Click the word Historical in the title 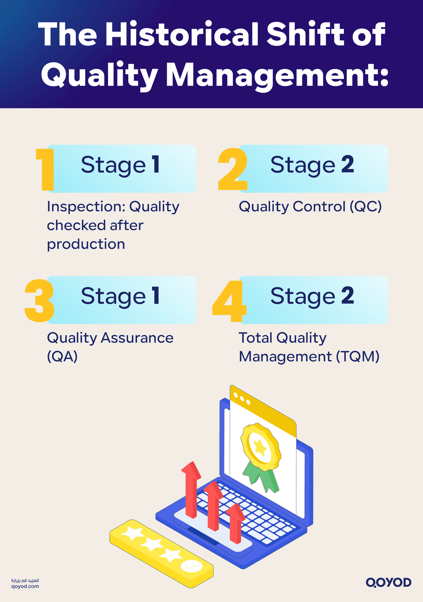pyautogui.click(x=184, y=35)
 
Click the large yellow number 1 pyautogui.click(x=45, y=170)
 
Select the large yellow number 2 pyautogui.click(x=232, y=170)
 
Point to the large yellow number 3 pyautogui.click(x=39, y=301)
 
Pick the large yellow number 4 pyautogui.click(x=229, y=301)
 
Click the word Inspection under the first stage pyautogui.click(x=81, y=207)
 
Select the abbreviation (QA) pyautogui.click(x=62, y=357)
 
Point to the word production pyautogui.click(x=86, y=245)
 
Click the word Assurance pyautogui.click(x=137, y=338)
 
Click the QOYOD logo pyautogui.click(x=388, y=583)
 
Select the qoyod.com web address pyautogui.click(x=25, y=586)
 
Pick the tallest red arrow pyautogui.click(x=191, y=490)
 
